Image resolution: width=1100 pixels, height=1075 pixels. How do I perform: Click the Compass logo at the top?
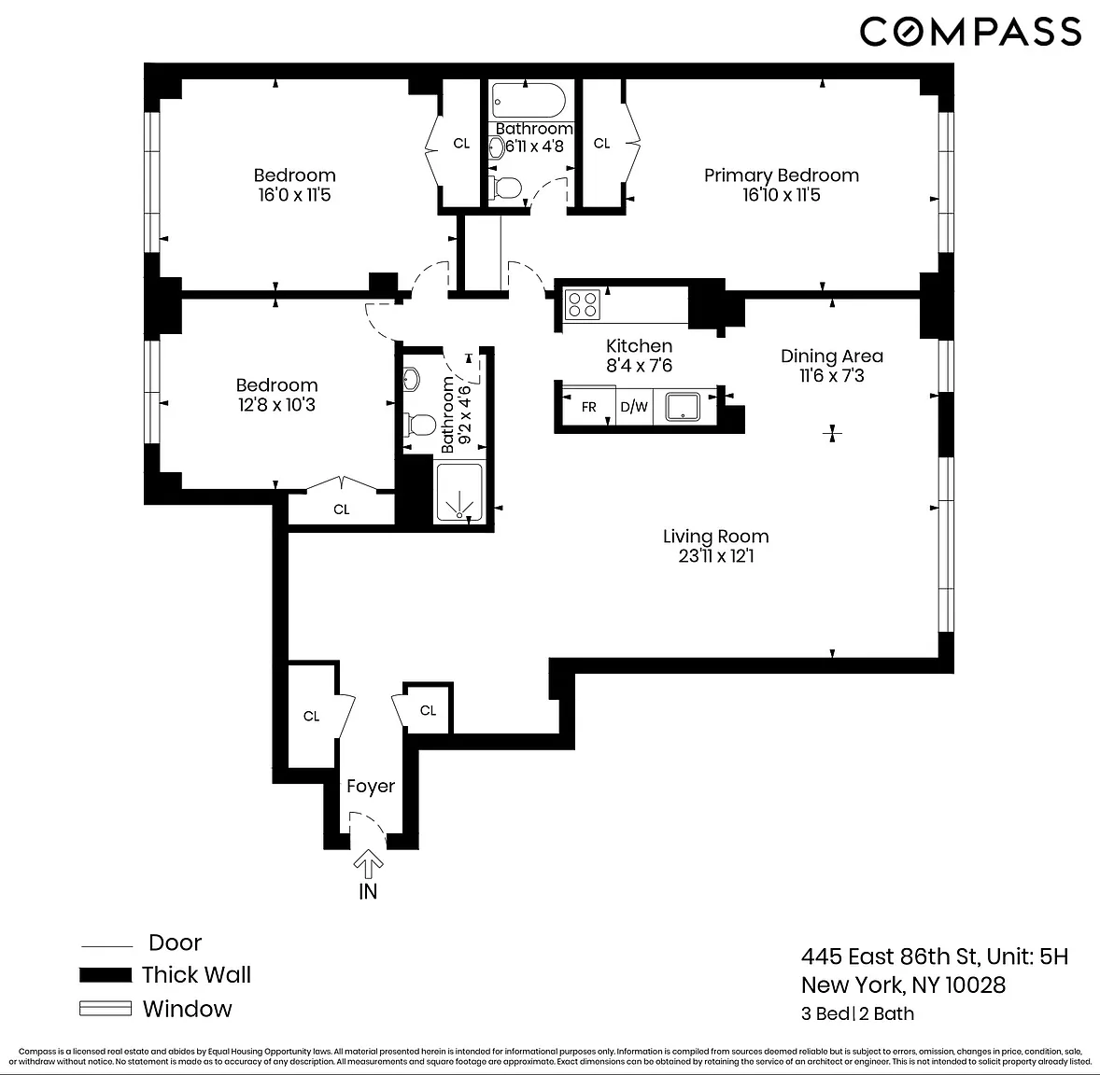(971, 33)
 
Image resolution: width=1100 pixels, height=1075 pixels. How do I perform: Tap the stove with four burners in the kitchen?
(583, 305)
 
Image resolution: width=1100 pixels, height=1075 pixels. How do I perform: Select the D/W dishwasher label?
(634, 407)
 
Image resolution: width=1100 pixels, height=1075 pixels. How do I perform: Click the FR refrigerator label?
(588, 407)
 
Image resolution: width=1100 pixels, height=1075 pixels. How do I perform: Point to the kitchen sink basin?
(683, 407)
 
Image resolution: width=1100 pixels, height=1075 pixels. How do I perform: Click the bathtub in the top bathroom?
(529, 101)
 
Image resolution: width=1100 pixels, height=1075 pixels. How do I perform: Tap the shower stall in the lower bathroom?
(459, 493)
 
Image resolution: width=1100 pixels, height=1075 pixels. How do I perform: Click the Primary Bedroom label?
(782, 175)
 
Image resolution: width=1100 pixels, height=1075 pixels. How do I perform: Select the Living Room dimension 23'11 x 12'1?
(716, 556)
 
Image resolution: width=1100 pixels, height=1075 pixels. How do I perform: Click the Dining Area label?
(832, 356)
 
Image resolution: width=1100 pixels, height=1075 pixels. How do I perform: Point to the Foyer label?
(371, 786)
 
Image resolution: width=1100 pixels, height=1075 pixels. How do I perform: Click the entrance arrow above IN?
(368, 864)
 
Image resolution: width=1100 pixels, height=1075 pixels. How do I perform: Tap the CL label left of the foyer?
(312, 716)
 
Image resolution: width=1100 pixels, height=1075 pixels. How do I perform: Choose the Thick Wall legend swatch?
(106, 975)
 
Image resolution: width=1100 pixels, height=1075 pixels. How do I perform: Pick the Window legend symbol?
(106, 1009)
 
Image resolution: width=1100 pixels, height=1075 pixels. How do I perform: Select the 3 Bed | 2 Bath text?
(858, 1014)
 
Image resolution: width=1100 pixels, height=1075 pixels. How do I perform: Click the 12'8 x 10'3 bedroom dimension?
(276, 405)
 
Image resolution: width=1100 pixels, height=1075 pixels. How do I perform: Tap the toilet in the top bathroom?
(506, 188)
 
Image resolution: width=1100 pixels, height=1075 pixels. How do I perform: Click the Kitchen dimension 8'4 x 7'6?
(639, 366)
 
